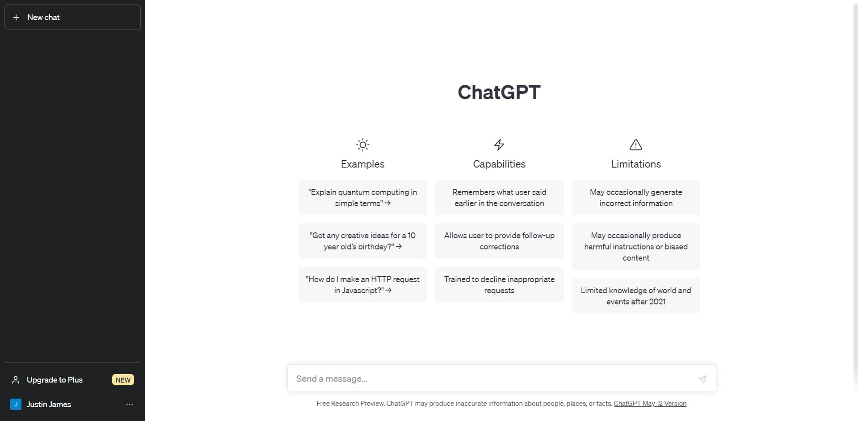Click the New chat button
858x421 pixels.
click(72, 17)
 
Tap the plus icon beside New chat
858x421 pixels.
click(16, 17)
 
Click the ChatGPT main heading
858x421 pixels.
click(499, 93)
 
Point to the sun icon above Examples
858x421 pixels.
click(362, 145)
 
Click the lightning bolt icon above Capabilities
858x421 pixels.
click(499, 145)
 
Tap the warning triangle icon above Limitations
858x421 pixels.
click(635, 145)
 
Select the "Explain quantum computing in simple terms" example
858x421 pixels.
click(362, 198)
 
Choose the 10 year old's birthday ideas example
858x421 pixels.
click(362, 241)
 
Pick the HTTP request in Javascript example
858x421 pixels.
click(362, 285)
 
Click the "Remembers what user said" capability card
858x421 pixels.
click(499, 198)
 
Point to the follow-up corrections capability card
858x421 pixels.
click(499, 241)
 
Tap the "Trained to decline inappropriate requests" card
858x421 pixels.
click(499, 285)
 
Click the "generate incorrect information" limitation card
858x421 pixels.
click(635, 198)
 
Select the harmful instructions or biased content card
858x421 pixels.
click(635, 247)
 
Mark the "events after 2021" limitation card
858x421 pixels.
click(635, 296)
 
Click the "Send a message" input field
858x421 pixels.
click(492, 379)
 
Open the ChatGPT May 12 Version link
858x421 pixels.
click(650, 404)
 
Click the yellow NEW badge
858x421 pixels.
click(123, 380)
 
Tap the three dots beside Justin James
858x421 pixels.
click(130, 404)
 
